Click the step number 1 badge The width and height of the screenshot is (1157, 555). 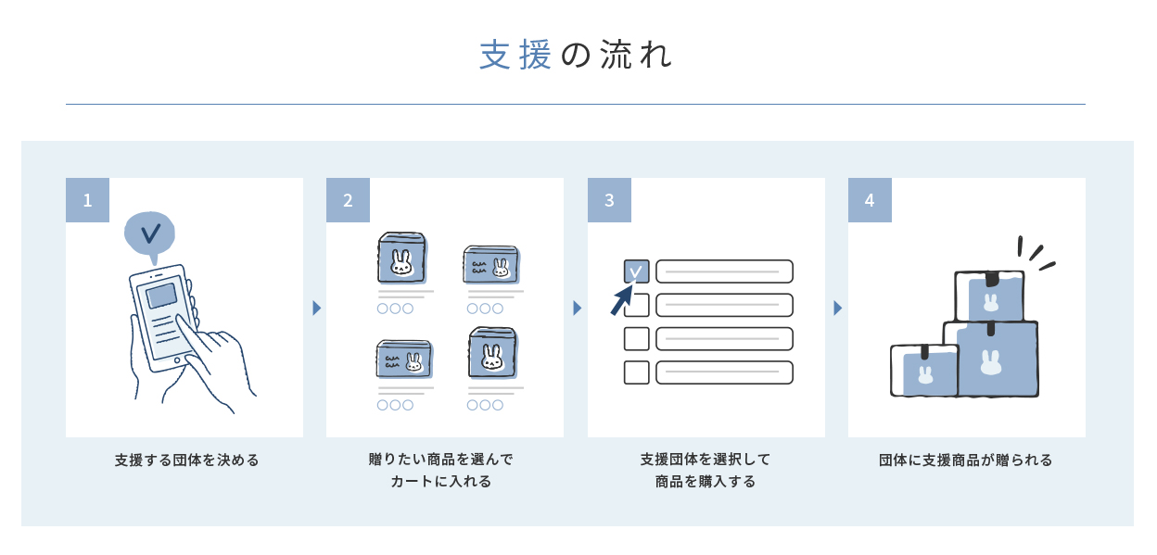pyautogui.click(x=87, y=200)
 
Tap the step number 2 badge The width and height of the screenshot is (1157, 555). pyautogui.click(x=349, y=200)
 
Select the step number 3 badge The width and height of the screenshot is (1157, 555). pyautogui.click(x=609, y=200)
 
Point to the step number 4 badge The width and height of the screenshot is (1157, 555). pyautogui.click(x=870, y=200)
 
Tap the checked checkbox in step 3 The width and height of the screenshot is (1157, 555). pyautogui.click(x=636, y=271)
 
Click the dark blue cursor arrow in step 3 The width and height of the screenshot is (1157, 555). pyautogui.click(x=622, y=299)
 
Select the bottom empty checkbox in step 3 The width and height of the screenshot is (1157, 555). pyautogui.click(x=636, y=372)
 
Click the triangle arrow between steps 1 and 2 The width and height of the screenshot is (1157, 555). pyautogui.click(x=317, y=309)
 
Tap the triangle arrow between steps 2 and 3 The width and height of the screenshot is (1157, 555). pyautogui.click(x=578, y=309)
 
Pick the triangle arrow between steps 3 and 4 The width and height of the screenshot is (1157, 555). pyautogui.click(x=838, y=309)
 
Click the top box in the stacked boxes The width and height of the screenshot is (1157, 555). pyautogui.click(x=989, y=296)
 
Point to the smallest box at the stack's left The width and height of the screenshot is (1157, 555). pyautogui.click(x=924, y=371)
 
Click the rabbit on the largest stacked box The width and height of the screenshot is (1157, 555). pyautogui.click(x=991, y=362)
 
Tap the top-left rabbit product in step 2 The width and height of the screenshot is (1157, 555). pyautogui.click(x=402, y=258)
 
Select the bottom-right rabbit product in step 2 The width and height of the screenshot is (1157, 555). pyautogui.click(x=493, y=353)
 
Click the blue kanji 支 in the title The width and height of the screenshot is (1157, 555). pyautogui.click(x=495, y=55)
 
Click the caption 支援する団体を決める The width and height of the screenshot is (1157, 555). pyautogui.click(x=187, y=460)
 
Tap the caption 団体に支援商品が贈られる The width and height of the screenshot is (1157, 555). pyautogui.click(x=966, y=460)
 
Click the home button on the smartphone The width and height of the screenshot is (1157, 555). pyautogui.click(x=177, y=360)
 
